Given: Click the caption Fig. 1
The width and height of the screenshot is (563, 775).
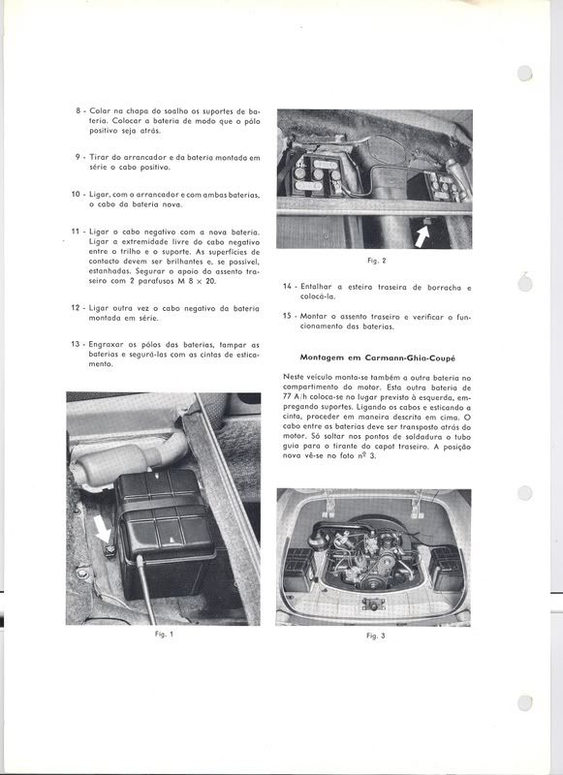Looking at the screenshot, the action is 164,635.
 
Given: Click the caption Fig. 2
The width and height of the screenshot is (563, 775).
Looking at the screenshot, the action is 377,261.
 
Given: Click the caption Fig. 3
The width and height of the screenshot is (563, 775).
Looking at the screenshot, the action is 376,635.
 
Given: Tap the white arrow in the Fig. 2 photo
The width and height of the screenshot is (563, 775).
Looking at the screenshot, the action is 422,235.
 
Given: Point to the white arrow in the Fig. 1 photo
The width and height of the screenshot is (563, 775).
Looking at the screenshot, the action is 103,529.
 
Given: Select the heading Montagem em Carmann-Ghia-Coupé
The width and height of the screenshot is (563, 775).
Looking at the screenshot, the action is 378,357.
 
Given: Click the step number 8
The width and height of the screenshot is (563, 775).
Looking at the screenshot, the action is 78,110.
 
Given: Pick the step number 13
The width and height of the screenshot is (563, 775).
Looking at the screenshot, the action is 76,345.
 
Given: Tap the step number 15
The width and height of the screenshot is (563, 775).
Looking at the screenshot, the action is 287,316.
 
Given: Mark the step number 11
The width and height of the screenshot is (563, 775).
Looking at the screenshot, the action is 76,231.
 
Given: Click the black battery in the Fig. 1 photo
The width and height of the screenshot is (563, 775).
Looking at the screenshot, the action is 166,534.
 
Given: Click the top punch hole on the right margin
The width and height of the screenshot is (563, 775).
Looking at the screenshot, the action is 525,74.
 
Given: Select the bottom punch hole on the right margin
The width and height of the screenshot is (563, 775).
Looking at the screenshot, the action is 525,703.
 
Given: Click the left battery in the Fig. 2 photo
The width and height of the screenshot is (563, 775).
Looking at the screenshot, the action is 318,176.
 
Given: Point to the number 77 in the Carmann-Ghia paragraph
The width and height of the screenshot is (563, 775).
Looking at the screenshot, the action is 288,397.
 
